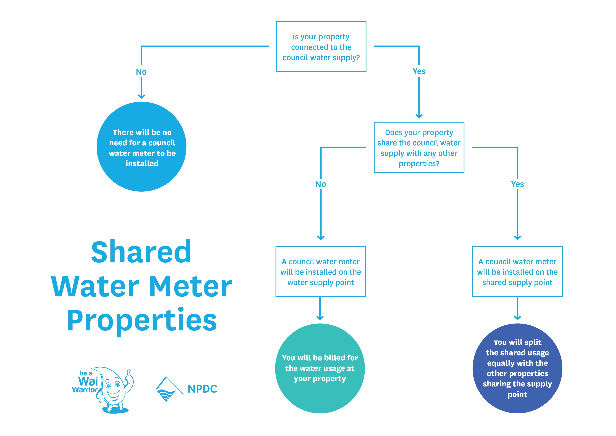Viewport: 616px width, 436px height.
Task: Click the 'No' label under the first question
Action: pyautogui.click(x=141, y=72)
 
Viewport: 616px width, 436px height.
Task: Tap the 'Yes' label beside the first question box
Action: pyautogui.click(x=419, y=71)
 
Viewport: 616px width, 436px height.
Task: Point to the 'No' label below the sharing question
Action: pyautogui.click(x=321, y=184)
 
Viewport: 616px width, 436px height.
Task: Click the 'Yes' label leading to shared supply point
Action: pyautogui.click(x=517, y=184)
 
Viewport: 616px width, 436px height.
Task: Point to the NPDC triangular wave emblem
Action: pyautogui.click(x=167, y=390)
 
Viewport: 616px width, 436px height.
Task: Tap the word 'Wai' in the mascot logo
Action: pyautogui.click(x=88, y=381)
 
